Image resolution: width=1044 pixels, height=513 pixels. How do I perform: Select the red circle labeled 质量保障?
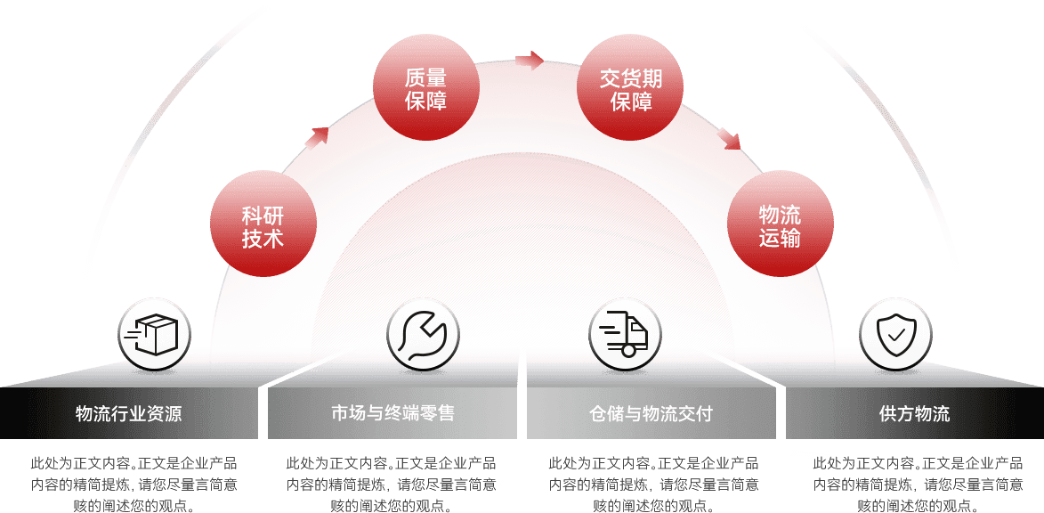tap(425, 86)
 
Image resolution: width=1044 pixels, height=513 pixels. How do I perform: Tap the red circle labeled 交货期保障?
tap(631, 87)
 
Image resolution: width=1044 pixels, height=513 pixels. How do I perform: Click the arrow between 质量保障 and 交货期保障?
tap(530, 60)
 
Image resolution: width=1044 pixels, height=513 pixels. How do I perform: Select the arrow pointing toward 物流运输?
tap(730, 138)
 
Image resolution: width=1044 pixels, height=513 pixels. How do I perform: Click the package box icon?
tap(155, 335)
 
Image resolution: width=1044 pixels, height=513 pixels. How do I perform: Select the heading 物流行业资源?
tap(128, 413)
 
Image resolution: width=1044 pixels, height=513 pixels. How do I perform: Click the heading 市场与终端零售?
tap(393, 413)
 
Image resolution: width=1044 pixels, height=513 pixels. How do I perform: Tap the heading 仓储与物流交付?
tap(651, 413)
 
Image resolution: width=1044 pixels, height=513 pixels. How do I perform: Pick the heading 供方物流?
tap(914, 413)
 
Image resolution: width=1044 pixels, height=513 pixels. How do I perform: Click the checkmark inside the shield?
tap(894, 335)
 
